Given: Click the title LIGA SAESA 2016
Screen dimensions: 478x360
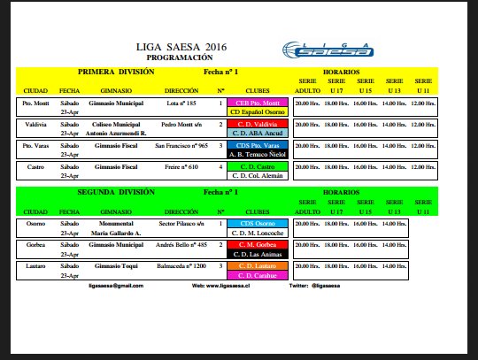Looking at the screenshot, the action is click(181, 46).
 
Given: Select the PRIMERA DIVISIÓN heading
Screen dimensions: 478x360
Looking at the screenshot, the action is click(116, 71).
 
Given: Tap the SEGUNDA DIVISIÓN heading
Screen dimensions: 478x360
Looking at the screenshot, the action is click(116, 192).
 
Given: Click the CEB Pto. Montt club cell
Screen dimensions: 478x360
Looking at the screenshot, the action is click(257, 103).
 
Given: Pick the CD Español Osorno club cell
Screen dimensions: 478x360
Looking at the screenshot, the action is click(257, 112).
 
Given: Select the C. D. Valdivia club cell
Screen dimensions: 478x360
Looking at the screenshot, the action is click(257, 125).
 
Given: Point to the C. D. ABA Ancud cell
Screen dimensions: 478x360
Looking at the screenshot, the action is click(257, 134).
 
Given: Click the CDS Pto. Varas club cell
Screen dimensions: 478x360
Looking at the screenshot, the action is click(257, 146).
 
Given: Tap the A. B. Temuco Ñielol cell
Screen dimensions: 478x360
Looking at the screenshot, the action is click(257, 155).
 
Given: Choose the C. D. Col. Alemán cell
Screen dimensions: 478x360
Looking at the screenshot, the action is click(257, 176).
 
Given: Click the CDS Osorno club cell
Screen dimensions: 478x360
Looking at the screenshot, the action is click(257, 224).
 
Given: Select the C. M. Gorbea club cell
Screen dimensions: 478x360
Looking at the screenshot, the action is click(257, 245).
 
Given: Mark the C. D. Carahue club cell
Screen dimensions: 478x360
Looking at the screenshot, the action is click(257, 275).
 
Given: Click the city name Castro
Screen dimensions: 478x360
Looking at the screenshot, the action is click(35, 167).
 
